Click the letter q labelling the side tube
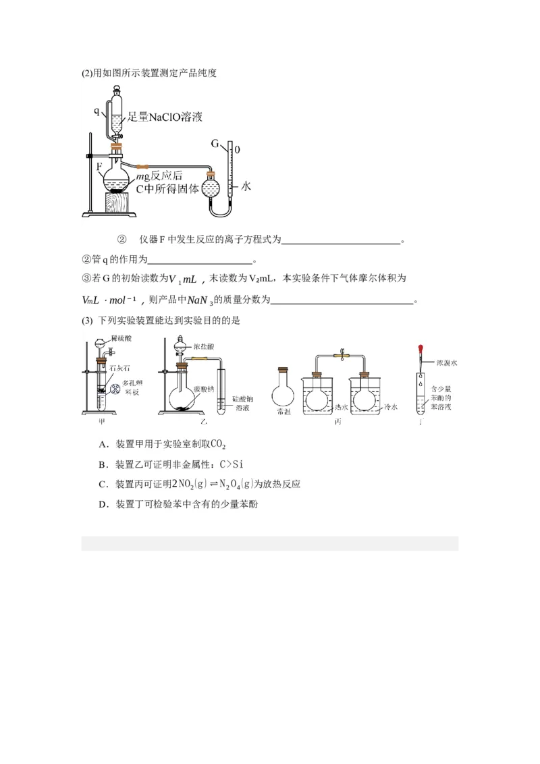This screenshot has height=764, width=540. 97,109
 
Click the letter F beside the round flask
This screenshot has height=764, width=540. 99,165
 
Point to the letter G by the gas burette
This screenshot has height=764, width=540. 215,144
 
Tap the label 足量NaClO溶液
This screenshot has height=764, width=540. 165,117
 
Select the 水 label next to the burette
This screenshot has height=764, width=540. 246,187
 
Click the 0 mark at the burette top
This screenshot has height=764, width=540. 238,149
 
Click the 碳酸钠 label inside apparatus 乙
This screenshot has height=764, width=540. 203,389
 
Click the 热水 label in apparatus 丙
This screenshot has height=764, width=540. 342,408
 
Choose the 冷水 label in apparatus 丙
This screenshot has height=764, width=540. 391,408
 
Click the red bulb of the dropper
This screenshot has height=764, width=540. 421,350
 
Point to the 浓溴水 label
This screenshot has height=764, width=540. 446,363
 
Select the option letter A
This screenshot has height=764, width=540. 102,444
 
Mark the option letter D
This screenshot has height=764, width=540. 102,504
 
